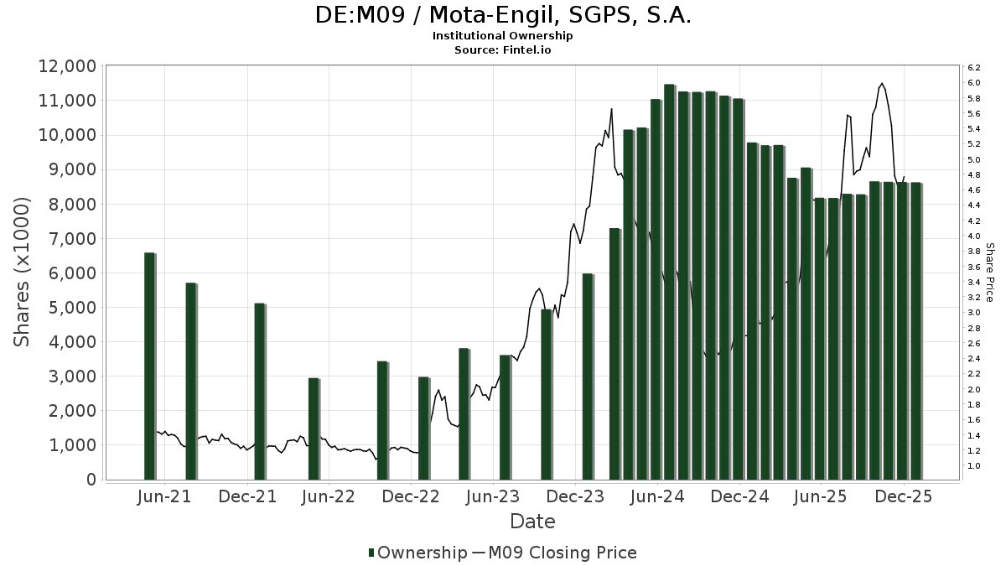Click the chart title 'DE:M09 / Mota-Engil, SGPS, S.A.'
pyautogui.click(x=503, y=15)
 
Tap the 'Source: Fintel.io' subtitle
pyautogui.click(x=503, y=49)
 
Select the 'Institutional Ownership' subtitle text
pyautogui.click(x=503, y=36)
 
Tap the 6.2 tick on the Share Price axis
pyautogui.click(x=974, y=67)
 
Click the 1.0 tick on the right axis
pyautogui.click(x=974, y=466)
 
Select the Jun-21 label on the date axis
pyautogui.click(x=164, y=496)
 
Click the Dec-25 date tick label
pyautogui.click(x=904, y=496)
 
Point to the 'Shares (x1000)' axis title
pyautogui.click(x=23, y=273)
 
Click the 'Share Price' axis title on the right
pyautogui.click(x=989, y=273)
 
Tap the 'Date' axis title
pyautogui.click(x=532, y=522)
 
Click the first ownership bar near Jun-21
pyautogui.click(x=149, y=366)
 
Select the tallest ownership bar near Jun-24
pyautogui.click(x=669, y=282)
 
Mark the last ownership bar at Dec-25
pyautogui.click(x=915, y=331)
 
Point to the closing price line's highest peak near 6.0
pyautogui.click(x=881, y=84)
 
